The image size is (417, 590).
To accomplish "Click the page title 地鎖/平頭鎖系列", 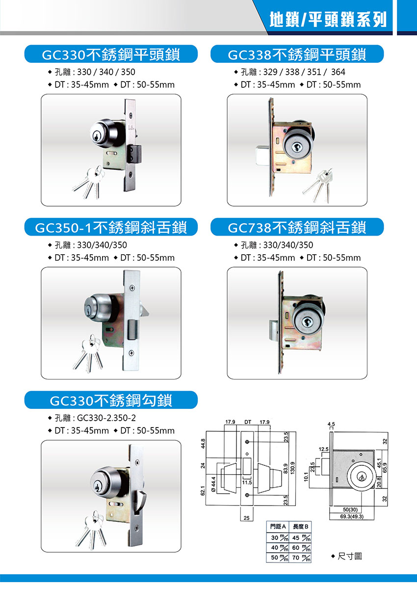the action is [x=328, y=20].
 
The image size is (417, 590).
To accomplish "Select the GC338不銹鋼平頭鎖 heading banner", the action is [x=297, y=54].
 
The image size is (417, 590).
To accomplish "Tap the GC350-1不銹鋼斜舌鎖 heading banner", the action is [x=111, y=227].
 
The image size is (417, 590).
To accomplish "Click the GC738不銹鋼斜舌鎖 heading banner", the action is [x=297, y=227].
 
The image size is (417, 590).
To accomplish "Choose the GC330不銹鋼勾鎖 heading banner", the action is [x=111, y=400].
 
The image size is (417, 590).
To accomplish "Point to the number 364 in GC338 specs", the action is [x=338, y=72].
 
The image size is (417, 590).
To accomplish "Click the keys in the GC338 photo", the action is [x=318, y=185].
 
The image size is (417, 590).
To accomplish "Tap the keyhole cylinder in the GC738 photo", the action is [x=306, y=322].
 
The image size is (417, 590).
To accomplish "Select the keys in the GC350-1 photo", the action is [x=88, y=353].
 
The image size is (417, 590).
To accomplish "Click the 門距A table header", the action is [x=278, y=527].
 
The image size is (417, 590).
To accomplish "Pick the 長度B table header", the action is [x=300, y=527].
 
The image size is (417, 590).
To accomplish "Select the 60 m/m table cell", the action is [x=300, y=548].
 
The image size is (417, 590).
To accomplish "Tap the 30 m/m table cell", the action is [x=278, y=537].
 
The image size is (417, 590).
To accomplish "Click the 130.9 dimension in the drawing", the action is [x=293, y=469].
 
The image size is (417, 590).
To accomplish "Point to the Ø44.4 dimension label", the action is [x=213, y=484].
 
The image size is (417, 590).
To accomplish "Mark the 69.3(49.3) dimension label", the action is [x=352, y=516].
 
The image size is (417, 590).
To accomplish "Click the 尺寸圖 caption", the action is [x=347, y=557].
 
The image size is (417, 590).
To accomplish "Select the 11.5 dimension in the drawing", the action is [x=247, y=483].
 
